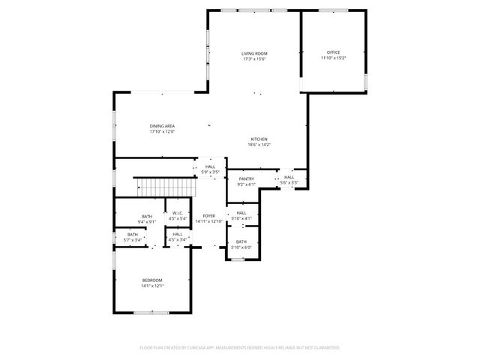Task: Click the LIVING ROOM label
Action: click(x=254, y=53)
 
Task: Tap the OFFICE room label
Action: click(x=333, y=52)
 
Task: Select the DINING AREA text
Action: click(x=162, y=126)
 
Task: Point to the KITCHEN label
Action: click(x=259, y=139)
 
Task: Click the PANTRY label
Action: click(x=247, y=178)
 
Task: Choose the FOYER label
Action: click(x=208, y=216)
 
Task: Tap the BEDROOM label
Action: click(x=153, y=280)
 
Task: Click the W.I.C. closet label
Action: click(x=178, y=213)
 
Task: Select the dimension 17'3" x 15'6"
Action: click(x=254, y=59)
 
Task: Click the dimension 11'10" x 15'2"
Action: click(x=333, y=58)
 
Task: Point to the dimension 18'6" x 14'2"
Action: click(x=259, y=145)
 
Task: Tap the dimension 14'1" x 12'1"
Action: click(x=153, y=286)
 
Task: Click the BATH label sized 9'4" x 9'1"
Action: click(x=147, y=216)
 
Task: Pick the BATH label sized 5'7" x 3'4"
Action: click(x=132, y=235)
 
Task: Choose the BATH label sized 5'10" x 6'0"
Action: click(x=241, y=242)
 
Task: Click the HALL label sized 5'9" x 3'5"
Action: click(x=210, y=166)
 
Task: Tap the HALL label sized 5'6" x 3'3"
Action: click(x=289, y=177)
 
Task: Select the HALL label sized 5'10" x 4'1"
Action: click(x=241, y=213)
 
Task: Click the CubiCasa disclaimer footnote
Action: click(x=240, y=348)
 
